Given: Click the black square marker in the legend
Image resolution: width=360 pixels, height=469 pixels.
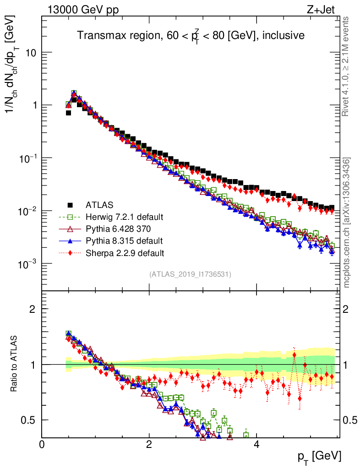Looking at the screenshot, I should tap(70, 205).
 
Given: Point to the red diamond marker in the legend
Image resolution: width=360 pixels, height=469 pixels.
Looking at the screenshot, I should tap(70, 252).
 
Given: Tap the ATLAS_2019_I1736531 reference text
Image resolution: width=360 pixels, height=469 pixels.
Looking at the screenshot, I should tap(190, 274).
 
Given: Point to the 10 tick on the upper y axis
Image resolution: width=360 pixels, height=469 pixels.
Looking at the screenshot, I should tap(31, 53).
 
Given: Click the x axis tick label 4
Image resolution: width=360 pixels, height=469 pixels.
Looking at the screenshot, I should tap(256, 444).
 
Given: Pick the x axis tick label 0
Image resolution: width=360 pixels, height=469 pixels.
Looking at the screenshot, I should tap(42, 444).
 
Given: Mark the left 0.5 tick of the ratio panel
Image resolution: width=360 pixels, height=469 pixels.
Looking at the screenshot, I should tap(30, 420).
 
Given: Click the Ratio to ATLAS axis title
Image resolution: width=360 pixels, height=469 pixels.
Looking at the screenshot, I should tap(14, 364).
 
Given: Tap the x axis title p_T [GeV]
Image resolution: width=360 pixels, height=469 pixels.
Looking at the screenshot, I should tap(319, 457).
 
